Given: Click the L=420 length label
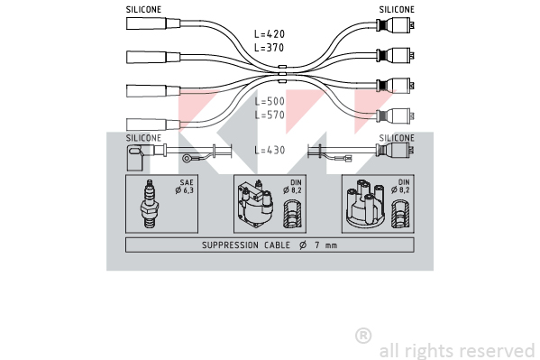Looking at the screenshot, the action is click(270, 33).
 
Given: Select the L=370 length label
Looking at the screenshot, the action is click(270, 47).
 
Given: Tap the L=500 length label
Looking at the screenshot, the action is click(270, 101).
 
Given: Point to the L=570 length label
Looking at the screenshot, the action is click(270, 115).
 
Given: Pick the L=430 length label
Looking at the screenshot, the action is click(270, 150).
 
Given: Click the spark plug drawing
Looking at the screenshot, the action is click(150, 204).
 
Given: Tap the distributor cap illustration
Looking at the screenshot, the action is click(366, 203).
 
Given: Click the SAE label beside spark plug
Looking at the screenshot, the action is click(187, 182).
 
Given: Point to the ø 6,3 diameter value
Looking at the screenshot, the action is click(185, 190).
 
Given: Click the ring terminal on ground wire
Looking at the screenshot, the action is click(188, 159).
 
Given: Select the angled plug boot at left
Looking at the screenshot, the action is click(141, 157).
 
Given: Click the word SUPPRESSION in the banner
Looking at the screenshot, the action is click(230, 245).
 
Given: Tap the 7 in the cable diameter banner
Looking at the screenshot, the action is click(316, 245).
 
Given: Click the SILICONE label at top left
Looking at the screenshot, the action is click(143, 10).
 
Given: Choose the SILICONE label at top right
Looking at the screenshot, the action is click(397, 10).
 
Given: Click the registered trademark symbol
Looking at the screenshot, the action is click(363, 336).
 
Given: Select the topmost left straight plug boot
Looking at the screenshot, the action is click(153, 23).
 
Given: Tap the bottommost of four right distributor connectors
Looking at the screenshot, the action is click(395, 115).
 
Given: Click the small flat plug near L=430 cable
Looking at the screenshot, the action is click(347, 159).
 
